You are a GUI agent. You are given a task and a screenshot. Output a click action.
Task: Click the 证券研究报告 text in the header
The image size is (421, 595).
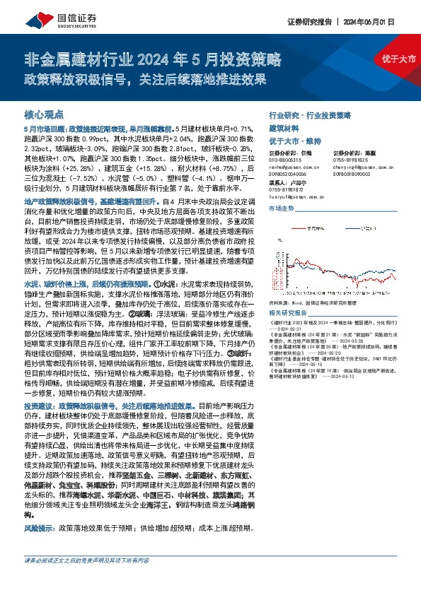click(308, 22)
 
